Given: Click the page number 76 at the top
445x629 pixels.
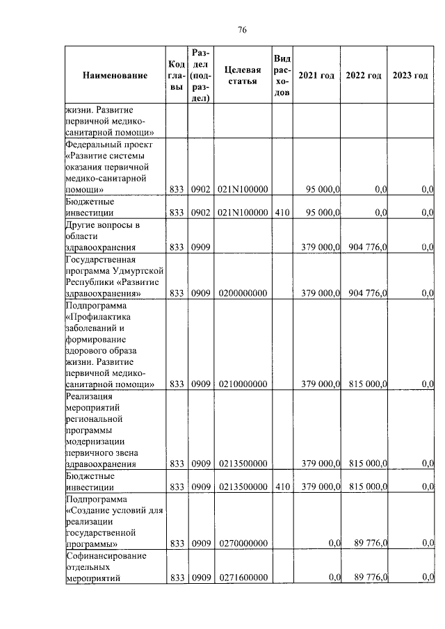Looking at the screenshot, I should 242,29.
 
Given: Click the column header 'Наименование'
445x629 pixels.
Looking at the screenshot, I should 115,76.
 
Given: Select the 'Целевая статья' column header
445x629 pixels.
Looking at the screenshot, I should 243,76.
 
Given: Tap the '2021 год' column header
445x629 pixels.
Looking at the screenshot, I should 316,76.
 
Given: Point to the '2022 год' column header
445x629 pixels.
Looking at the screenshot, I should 364,76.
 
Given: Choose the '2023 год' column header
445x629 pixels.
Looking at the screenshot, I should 410,76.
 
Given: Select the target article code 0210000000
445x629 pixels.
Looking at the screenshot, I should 243,384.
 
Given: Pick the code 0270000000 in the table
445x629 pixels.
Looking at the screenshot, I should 243,543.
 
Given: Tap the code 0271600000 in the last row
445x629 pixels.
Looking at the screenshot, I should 243,578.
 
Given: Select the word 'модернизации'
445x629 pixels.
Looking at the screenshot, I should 95,441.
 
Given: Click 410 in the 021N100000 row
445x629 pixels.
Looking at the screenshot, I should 282,213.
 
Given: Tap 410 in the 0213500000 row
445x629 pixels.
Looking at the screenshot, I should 282,487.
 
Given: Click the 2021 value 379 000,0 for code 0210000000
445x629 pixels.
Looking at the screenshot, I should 319,384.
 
